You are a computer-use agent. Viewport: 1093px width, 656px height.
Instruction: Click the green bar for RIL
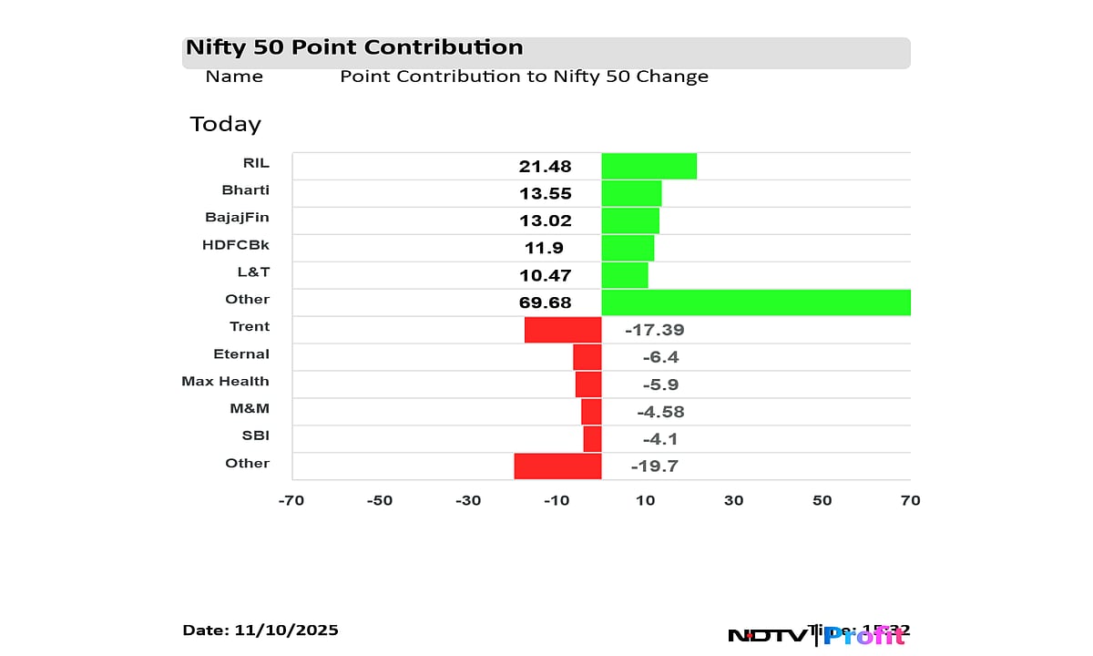point(649,166)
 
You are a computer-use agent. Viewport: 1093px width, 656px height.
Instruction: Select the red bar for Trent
point(563,330)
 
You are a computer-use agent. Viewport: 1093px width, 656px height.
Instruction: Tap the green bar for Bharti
point(631,193)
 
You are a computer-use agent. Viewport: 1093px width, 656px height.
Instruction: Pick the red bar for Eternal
point(587,357)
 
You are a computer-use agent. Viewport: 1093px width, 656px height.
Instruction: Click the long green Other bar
point(756,302)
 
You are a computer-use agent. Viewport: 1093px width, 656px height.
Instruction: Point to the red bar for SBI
point(592,439)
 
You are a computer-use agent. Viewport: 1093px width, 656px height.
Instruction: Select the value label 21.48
point(545,167)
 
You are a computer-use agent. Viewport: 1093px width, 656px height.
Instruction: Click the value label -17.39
point(654,330)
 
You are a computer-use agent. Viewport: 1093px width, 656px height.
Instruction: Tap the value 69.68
point(545,303)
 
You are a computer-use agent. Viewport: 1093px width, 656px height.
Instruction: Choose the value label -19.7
point(654,466)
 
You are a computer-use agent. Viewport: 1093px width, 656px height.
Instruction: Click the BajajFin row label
point(237,217)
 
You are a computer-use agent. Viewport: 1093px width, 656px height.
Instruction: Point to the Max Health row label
point(225,381)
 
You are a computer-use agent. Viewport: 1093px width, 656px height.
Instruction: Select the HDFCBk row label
point(235,244)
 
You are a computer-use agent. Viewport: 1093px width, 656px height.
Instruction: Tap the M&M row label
point(250,408)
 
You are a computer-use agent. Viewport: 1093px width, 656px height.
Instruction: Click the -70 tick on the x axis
point(291,500)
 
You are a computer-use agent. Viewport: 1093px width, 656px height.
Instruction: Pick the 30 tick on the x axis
point(733,500)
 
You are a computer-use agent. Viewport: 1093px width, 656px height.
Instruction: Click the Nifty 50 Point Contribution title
point(354,47)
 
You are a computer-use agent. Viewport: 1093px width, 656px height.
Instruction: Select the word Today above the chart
point(225,124)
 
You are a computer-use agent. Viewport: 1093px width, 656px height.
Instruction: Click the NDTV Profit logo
point(817,635)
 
